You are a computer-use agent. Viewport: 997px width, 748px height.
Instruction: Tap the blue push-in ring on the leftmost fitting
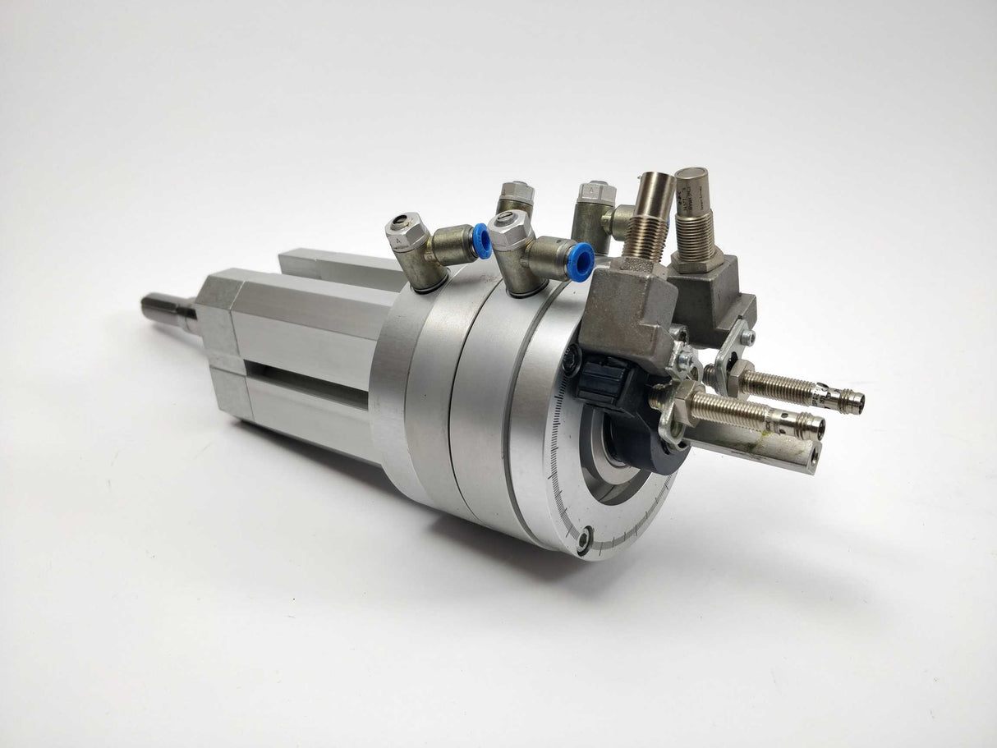click(482, 241)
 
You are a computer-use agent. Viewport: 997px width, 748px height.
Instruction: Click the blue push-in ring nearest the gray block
click(581, 261)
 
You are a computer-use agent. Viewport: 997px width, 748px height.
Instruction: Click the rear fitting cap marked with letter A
click(598, 192)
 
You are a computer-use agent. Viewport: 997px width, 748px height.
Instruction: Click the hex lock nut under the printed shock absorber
click(697, 261)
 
